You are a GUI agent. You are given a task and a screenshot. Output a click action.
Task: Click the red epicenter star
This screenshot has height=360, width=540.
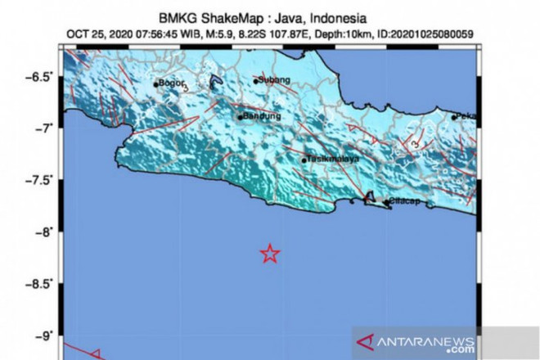pos(270,254)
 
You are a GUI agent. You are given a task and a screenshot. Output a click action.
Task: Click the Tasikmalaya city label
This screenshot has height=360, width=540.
pos(334,160)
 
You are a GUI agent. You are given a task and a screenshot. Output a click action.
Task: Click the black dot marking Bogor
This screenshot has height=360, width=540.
pos(155,84)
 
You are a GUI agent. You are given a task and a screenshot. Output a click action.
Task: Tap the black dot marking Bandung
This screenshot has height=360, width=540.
pos(241,117)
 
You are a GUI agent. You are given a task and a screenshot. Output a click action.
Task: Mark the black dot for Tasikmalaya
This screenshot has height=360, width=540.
pos(304,160)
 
